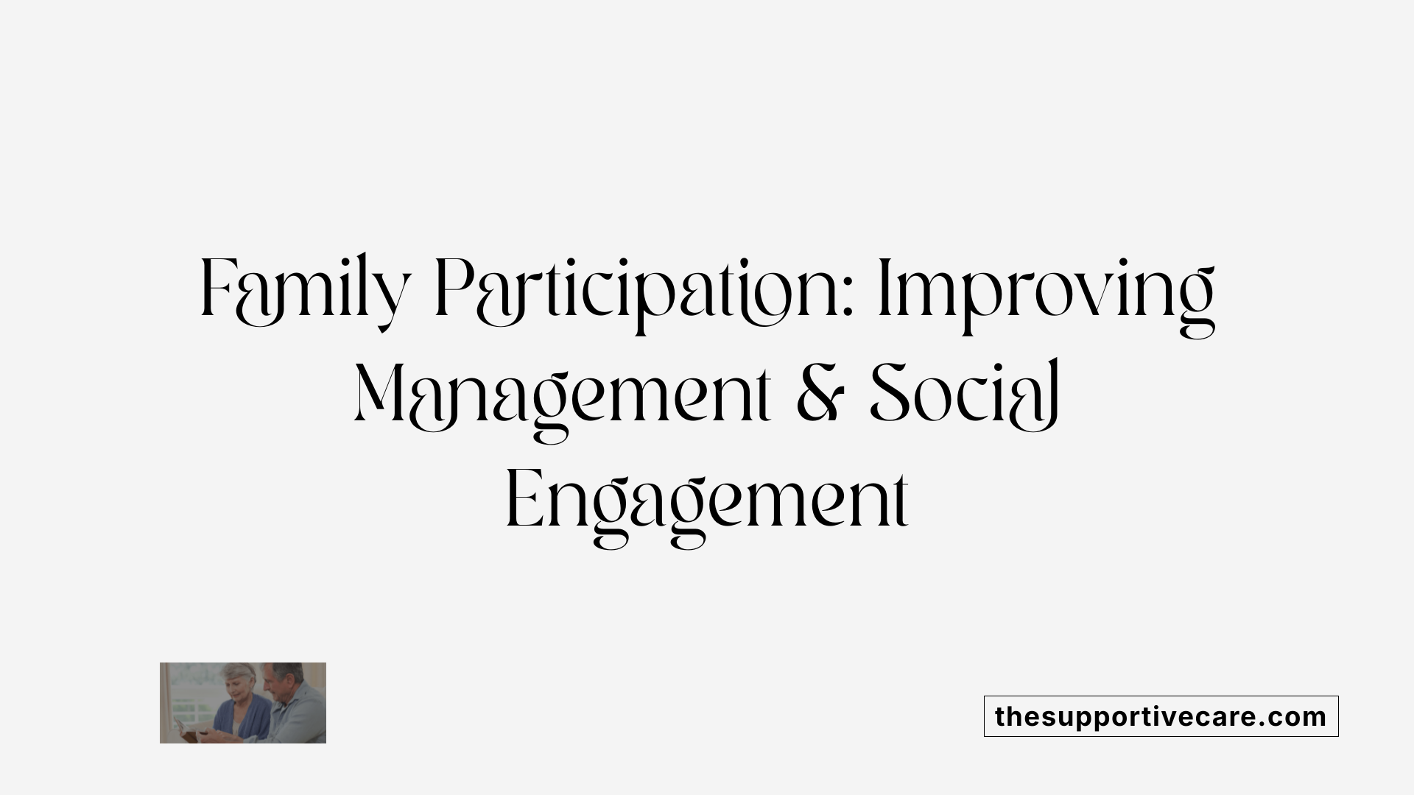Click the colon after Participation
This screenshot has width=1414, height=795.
coord(849,298)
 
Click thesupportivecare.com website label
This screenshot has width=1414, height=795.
coord(1161,716)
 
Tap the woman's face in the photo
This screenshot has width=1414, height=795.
coord(238,690)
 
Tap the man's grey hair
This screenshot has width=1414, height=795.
coord(289,668)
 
